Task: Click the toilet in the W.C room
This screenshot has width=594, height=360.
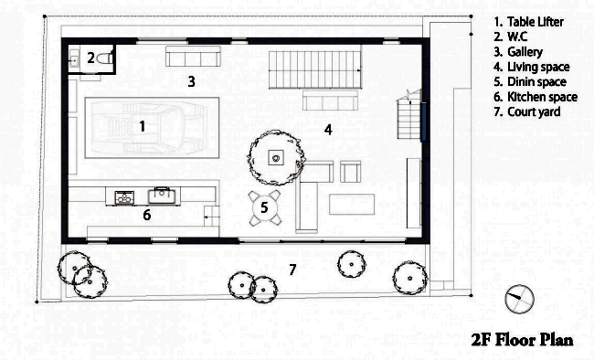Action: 105,58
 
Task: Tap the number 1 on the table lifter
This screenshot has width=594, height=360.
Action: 142,126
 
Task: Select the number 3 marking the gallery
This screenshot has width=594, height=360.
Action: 192,81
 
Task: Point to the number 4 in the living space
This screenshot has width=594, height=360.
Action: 328,130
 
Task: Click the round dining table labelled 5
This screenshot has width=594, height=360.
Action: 264,207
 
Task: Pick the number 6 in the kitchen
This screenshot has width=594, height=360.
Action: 147,215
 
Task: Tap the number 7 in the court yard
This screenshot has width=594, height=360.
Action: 292,270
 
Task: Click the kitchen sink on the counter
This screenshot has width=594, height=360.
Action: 162,196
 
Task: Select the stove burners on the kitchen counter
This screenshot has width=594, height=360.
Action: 124,197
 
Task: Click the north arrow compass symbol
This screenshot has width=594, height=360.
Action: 520,299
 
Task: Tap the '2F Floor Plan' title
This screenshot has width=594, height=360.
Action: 523,340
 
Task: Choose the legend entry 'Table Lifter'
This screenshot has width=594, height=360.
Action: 536,22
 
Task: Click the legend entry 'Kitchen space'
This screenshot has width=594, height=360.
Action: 542,97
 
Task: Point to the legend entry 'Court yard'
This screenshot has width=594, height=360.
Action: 534,111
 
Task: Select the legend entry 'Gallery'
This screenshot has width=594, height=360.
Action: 525,52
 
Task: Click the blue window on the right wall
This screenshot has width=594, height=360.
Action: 423,122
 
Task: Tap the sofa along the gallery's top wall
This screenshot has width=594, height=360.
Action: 193,56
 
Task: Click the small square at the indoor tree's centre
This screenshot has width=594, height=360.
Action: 276,157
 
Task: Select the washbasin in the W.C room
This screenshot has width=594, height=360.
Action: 74,60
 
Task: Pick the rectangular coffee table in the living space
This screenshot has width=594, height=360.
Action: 352,205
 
